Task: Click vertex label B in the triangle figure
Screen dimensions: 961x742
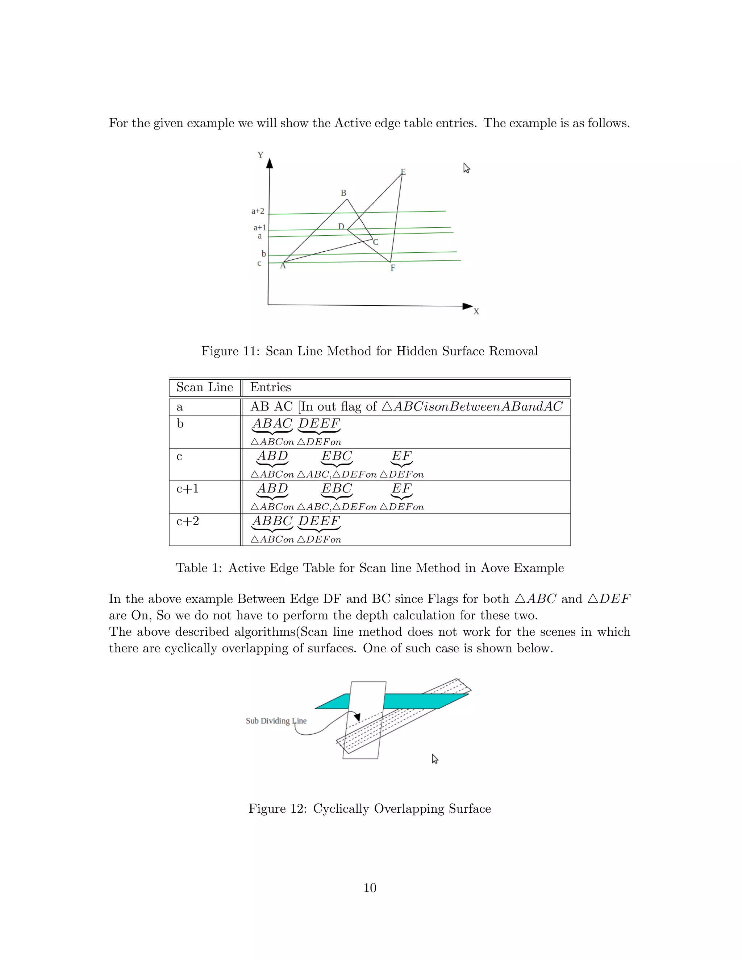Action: (x=343, y=193)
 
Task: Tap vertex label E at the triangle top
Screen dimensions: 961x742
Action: (x=403, y=172)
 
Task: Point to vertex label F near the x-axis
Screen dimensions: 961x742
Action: (x=393, y=268)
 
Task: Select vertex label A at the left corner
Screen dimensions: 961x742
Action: (x=283, y=266)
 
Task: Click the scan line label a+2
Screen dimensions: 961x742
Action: (x=258, y=211)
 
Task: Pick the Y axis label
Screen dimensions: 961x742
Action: (x=260, y=155)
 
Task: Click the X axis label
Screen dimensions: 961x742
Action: (x=476, y=312)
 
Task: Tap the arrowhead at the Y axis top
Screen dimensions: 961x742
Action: (x=270, y=163)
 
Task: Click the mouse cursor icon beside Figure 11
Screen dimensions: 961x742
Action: (x=466, y=168)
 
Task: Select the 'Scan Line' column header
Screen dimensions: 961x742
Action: (x=205, y=387)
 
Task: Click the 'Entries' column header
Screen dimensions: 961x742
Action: (x=270, y=387)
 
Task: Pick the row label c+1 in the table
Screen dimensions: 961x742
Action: (x=188, y=488)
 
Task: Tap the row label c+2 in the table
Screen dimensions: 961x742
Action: (x=188, y=521)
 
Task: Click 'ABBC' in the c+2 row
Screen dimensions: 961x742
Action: (x=272, y=521)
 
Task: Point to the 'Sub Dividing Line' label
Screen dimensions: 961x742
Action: (x=276, y=721)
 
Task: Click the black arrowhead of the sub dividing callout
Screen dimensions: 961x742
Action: (x=357, y=717)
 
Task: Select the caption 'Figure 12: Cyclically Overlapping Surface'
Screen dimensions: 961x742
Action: (x=370, y=808)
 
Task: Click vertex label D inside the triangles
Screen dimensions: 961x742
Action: (x=341, y=227)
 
